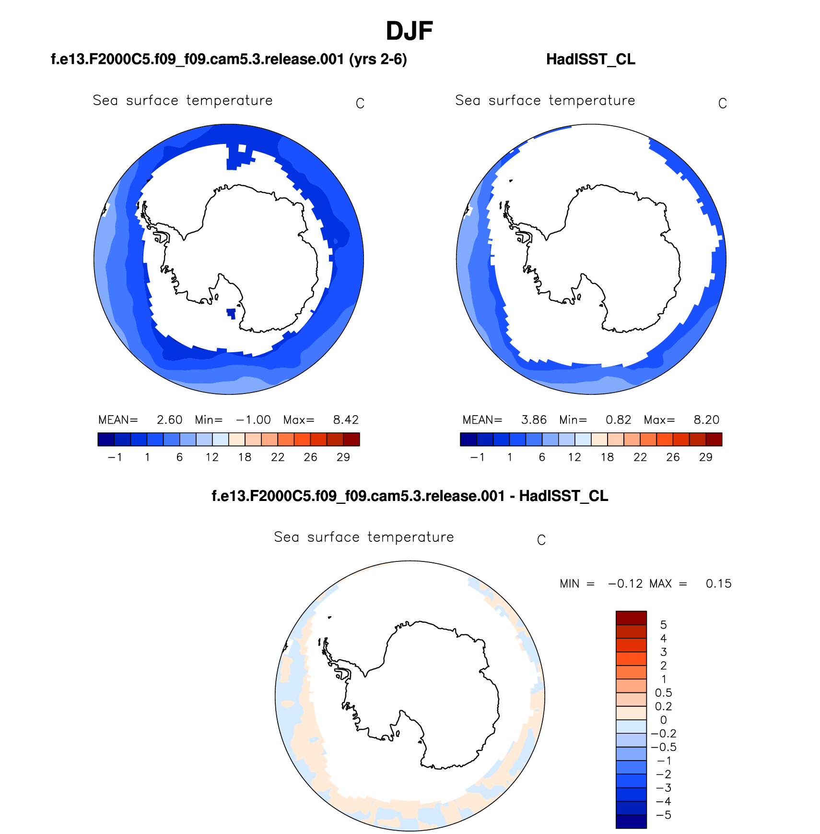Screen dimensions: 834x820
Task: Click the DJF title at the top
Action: (x=409, y=31)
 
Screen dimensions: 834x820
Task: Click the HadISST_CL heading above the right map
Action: (x=590, y=60)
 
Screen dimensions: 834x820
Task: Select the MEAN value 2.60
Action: (x=169, y=420)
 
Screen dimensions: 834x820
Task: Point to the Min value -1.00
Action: (x=253, y=420)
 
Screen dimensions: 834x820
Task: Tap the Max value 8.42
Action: (x=346, y=420)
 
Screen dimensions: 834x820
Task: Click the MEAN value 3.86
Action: (x=534, y=420)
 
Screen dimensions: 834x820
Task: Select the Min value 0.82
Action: (x=618, y=420)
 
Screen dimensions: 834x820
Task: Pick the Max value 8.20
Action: (x=706, y=420)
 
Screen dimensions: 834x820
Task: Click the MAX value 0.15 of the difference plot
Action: (x=718, y=584)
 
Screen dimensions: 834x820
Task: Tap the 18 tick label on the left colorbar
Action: (x=245, y=457)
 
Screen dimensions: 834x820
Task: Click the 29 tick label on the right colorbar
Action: (x=705, y=457)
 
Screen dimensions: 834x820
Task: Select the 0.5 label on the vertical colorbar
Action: (x=663, y=693)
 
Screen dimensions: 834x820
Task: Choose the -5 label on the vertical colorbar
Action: (x=663, y=815)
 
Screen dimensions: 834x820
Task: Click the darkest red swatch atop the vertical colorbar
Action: (x=631, y=618)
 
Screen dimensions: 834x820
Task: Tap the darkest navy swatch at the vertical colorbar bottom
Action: (x=631, y=822)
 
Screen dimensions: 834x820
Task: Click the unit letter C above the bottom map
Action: (x=541, y=540)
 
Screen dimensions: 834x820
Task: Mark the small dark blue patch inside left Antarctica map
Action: (x=231, y=313)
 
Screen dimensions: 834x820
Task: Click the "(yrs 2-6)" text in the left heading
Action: (x=378, y=60)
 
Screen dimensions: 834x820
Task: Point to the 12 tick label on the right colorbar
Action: (x=574, y=457)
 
